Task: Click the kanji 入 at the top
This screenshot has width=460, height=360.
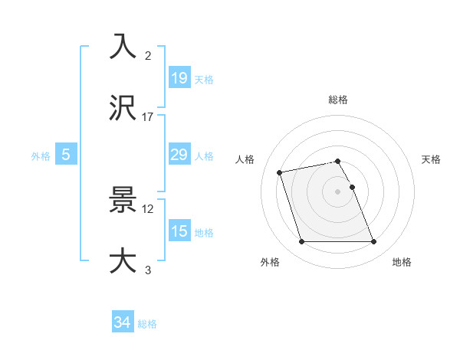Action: click(x=123, y=47)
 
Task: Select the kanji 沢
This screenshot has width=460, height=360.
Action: click(x=123, y=108)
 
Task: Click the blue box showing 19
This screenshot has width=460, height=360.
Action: click(x=179, y=77)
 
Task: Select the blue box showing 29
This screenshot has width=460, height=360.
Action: click(x=179, y=155)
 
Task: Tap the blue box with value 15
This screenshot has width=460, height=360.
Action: click(x=179, y=231)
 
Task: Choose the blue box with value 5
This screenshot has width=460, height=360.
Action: click(x=66, y=155)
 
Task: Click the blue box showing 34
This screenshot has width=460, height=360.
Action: click(x=123, y=322)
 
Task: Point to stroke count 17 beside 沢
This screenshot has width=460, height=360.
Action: click(x=148, y=117)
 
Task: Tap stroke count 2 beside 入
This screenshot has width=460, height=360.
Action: click(x=148, y=56)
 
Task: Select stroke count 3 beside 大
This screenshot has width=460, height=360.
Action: click(x=148, y=270)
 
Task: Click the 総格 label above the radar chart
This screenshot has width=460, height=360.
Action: click(x=338, y=100)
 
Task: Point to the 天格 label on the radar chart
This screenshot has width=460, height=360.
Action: click(x=432, y=159)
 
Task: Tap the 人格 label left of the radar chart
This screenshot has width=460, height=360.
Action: click(x=245, y=159)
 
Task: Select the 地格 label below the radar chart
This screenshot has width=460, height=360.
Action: click(x=402, y=263)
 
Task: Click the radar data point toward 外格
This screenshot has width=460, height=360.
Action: click(x=301, y=242)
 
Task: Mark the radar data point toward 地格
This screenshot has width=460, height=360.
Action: click(x=373, y=242)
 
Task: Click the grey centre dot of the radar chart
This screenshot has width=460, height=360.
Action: click(x=338, y=191)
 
